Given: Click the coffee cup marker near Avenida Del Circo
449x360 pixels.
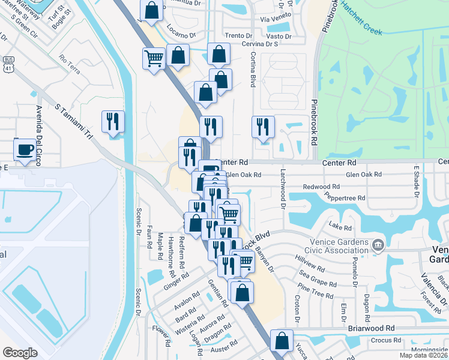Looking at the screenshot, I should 25,150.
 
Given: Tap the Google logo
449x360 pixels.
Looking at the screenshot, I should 20,353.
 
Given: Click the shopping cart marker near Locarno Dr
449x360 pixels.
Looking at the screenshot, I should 154,58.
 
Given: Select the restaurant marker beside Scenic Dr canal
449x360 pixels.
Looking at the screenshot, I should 113,121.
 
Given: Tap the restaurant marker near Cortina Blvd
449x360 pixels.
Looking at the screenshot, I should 263,127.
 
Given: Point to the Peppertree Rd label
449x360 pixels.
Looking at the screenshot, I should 345,197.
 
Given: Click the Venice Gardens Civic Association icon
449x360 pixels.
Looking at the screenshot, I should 378,244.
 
